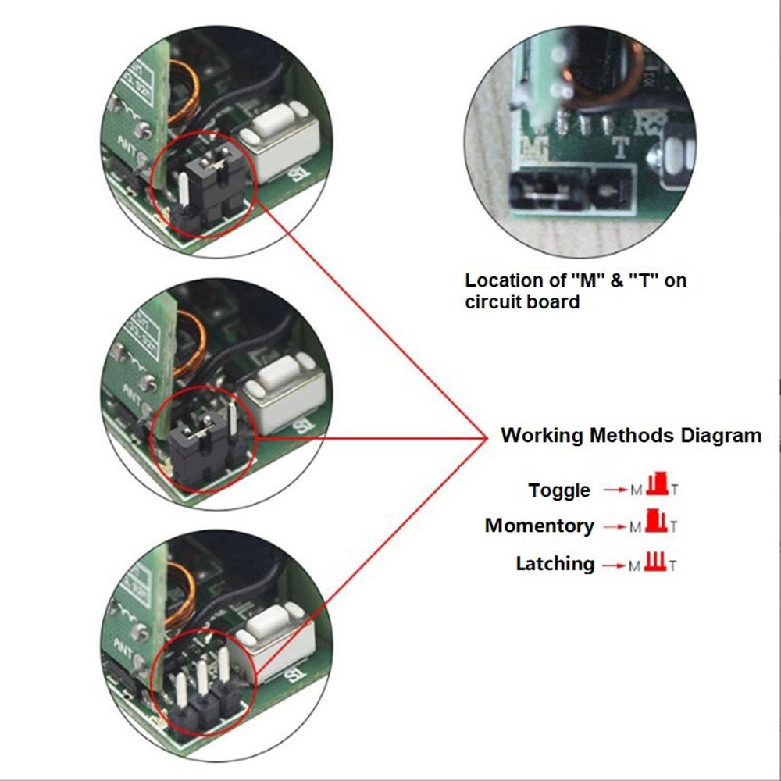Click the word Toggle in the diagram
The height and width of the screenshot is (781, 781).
[x=558, y=490]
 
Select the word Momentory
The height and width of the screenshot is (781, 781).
[x=539, y=526]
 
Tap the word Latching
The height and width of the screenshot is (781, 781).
[x=555, y=563]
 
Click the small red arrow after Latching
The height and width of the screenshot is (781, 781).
[x=614, y=565]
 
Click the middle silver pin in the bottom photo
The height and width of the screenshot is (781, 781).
[x=202, y=679]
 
